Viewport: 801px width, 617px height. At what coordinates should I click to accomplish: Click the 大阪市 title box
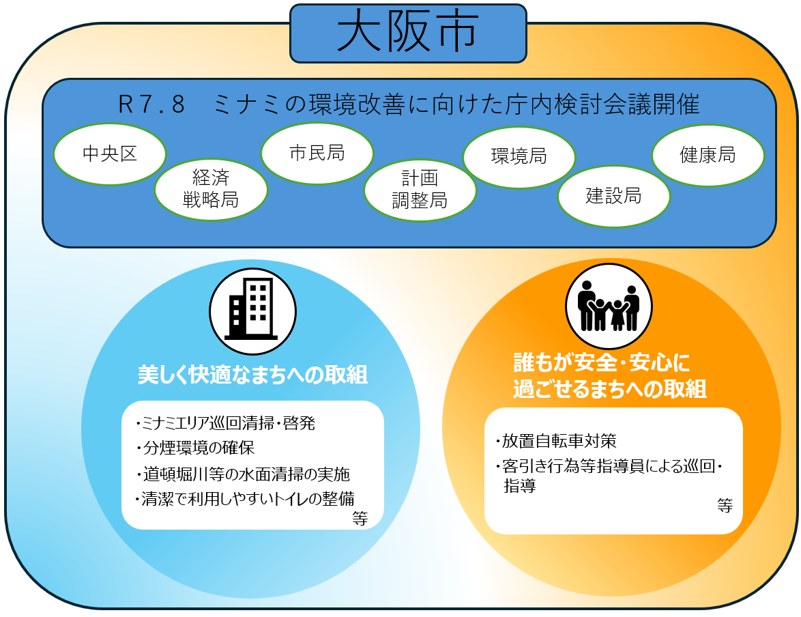click(x=408, y=33)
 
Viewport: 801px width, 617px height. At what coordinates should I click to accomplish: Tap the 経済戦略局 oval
click(x=211, y=188)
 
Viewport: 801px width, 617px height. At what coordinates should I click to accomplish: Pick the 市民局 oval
click(x=317, y=153)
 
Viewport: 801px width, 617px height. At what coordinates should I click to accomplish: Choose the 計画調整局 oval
click(x=420, y=190)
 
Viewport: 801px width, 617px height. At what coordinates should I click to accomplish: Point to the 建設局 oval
click(x=613, y=197)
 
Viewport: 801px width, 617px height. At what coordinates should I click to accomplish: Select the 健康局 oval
click(x=708, y=155)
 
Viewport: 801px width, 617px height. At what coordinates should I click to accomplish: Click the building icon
click(x=252, y=311)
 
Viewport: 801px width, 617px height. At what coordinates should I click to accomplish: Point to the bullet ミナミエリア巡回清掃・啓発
click(x=226, y=423)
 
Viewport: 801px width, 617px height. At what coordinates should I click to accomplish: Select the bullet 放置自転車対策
click(x=555, y=441)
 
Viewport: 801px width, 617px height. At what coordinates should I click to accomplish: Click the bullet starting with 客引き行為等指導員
click(x=608, y=468)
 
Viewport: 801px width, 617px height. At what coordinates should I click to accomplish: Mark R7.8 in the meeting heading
click(x=151, y=106)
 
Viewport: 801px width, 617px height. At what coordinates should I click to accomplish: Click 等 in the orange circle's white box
click(x=725, y=506)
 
